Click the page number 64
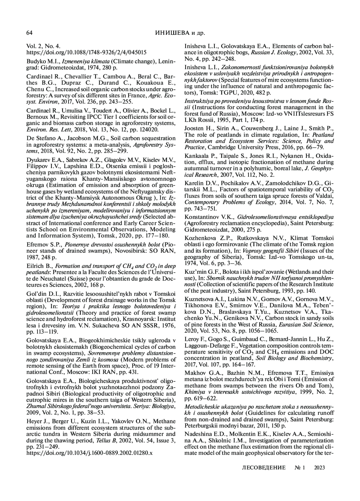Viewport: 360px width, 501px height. [29, 33]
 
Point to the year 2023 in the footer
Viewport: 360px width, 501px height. [319, 467]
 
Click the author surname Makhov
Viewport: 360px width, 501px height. [194, 373]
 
